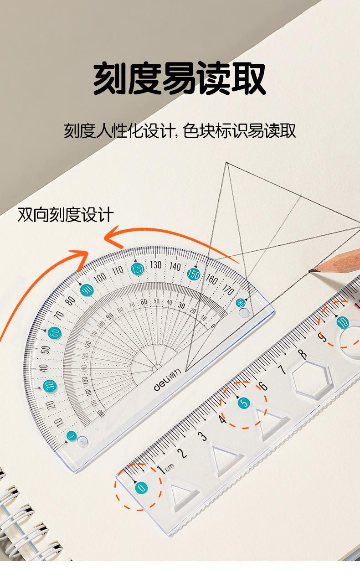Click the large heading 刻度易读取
[x=180, y=79]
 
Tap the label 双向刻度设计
[x=66, y=214]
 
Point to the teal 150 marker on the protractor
[x=194, y=274]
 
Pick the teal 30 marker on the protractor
[x=50, y=386]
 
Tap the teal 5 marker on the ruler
[x=244, y=403]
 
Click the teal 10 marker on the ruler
[x=342, y=323]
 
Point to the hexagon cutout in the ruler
[x=311, y=377]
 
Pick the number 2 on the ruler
[x=183, y=453]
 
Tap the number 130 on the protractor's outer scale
[x=156, y=264]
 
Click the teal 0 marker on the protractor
[x=71, y=436]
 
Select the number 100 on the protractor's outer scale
[x=100, y=277]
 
